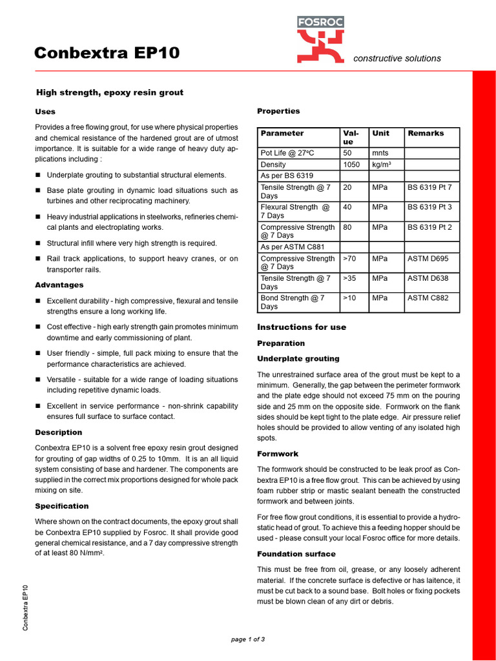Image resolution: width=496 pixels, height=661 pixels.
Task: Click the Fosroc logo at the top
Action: (320, 39)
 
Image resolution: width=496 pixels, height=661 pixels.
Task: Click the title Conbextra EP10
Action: (107, 53)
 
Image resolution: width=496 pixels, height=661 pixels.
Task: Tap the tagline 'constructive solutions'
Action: (397, 58)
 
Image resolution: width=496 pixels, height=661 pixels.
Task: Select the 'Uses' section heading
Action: (45, 112)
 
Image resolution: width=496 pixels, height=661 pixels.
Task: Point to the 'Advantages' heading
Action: (59, 285)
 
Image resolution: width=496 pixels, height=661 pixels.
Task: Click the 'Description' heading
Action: (58, 432)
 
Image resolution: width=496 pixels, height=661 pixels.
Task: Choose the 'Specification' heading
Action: (61, 506)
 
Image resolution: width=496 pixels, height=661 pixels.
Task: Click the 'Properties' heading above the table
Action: (278, 111)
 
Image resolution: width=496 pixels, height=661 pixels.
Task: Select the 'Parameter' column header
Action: (282, 133)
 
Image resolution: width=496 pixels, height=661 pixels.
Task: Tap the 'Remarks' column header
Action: (426, 133)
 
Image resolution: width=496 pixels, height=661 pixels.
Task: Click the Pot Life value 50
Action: (347, 153)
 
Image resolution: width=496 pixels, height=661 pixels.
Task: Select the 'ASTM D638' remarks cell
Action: (428, 278)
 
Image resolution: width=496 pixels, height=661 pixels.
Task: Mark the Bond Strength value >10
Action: (349, 298)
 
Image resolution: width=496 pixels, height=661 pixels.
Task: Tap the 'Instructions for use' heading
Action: (302, 327)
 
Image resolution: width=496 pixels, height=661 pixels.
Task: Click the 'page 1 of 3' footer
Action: (248, 639)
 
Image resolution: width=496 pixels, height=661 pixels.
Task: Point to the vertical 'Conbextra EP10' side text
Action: (26, 607)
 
